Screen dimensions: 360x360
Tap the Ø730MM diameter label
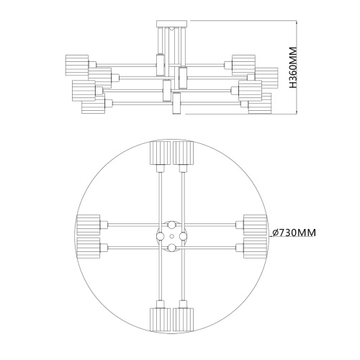click(x=294, y=233)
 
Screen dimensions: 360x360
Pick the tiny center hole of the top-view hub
click(x=172, y=235)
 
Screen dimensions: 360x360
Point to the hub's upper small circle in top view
click(x=172, y=224)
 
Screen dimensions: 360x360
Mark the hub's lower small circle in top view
click(x=172, y=247)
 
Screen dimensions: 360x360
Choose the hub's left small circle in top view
click(x=161, y=235)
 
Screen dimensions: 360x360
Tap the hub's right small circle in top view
click(x=184, y=235)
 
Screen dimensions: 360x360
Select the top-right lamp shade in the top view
click(x=185, y=153)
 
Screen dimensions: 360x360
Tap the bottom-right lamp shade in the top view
click(x=185, y=318)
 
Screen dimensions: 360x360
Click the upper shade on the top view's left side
click(x=87, y=222)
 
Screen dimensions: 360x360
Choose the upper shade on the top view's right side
click(x=256, y=222)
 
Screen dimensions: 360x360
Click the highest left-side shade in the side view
click(x=76, y=62)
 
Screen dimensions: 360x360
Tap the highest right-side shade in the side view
click(x=244, y=62)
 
